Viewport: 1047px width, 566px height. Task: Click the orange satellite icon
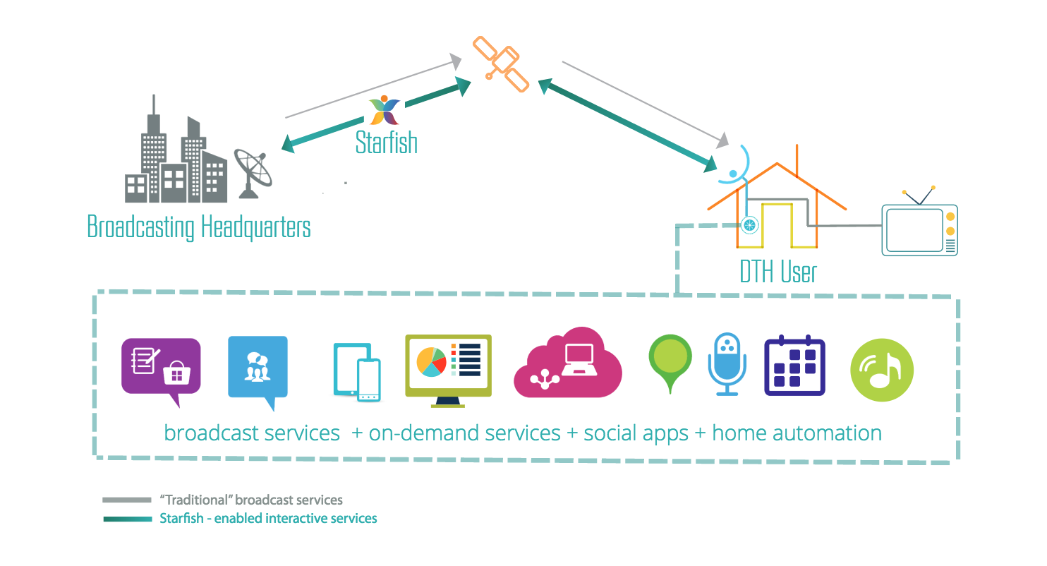coord(501,64)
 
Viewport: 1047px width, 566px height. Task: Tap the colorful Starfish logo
coord(385,110)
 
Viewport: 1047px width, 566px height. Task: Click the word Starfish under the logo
coord(386,142)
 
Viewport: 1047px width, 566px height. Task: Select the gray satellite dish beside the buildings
coord(253,174)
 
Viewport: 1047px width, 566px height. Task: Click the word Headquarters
coord(255,227)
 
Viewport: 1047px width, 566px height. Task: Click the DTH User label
coord(778,272)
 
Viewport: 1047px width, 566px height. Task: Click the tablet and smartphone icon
coord(357,372)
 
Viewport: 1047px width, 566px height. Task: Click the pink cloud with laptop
coord(568,363)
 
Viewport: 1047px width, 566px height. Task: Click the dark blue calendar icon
coord(794,366)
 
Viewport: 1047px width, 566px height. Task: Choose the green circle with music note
coord(882,370)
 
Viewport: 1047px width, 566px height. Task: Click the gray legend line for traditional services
coord(127,500)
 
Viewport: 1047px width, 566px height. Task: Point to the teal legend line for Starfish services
coord(128,519)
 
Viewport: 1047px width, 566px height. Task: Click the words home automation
coord(797,433)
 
